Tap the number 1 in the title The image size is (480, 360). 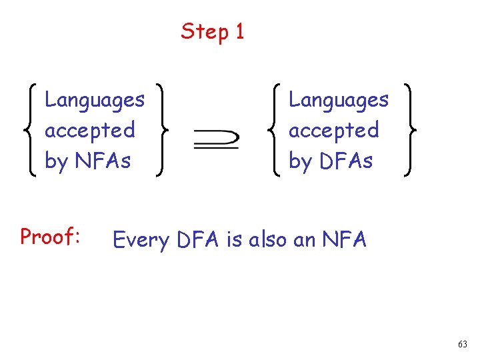[x=239, y=31]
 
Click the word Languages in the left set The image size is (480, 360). [x=94, y=101]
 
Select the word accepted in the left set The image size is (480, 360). [x=89, y=130]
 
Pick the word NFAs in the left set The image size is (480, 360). [x=102, y=161]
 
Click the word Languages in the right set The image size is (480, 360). [x=338, y=101]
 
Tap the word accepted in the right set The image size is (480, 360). [x=333, y=130]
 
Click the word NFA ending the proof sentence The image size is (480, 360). [x=344, y=239]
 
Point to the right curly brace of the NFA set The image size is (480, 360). [x=161, y=130]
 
